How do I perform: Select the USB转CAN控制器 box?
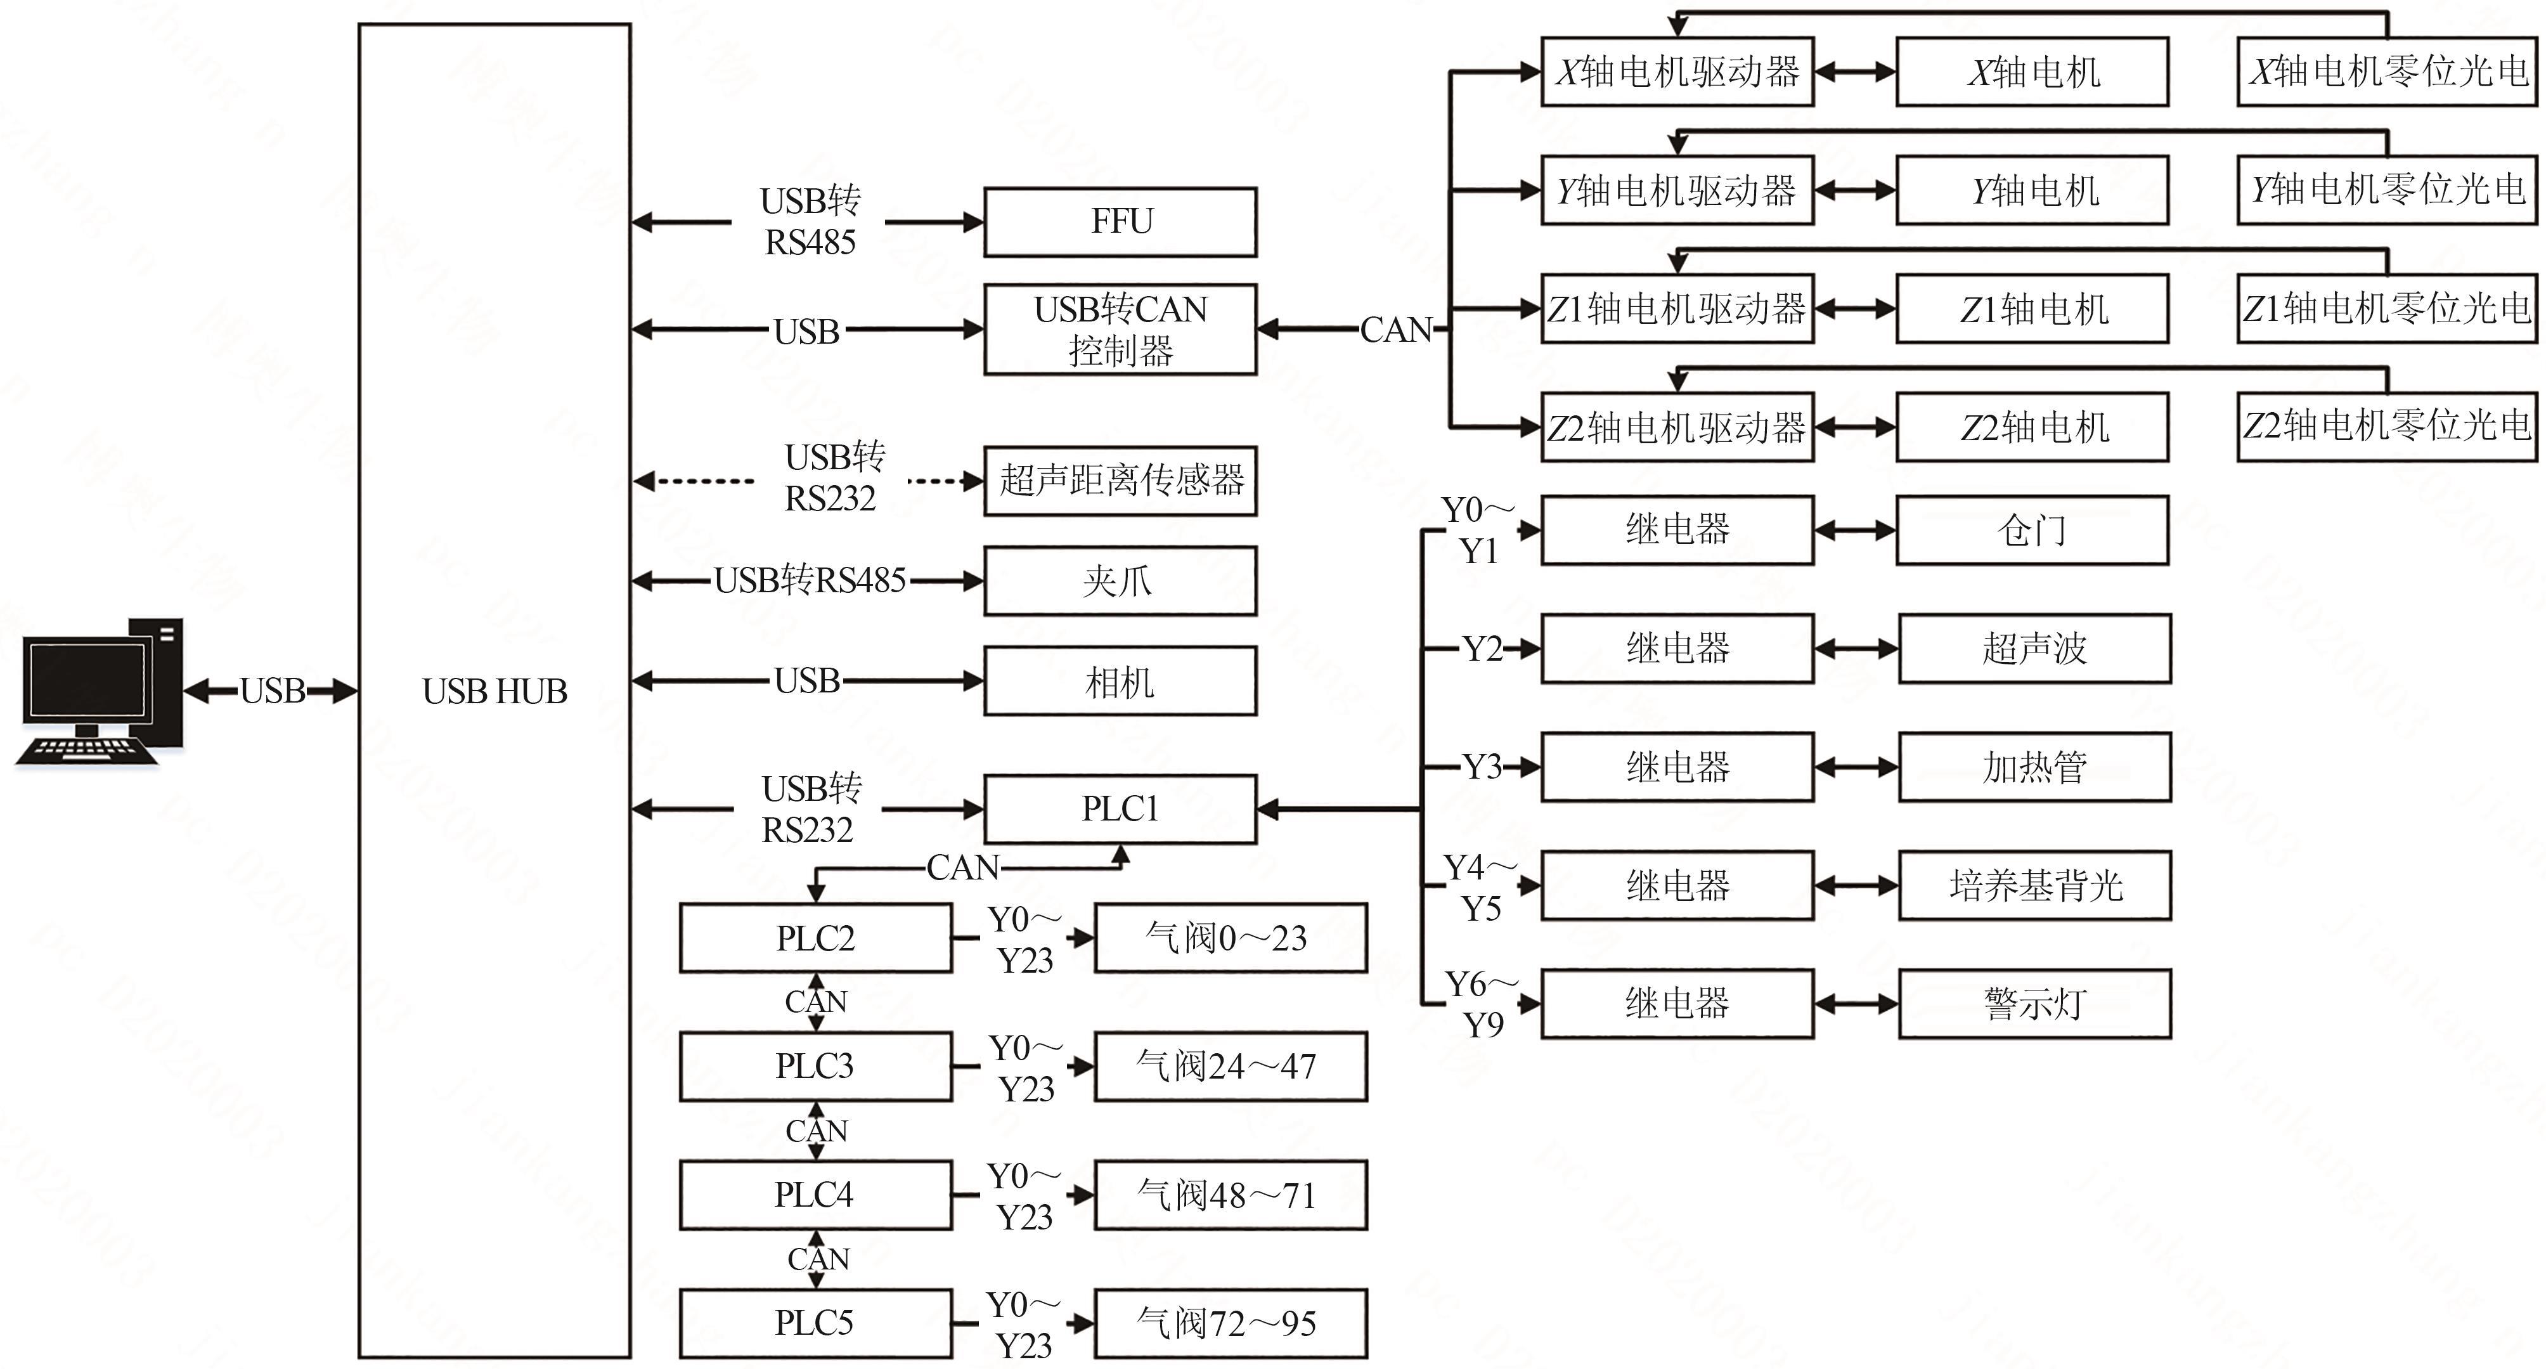pyautogui.click(x=1120, y=329)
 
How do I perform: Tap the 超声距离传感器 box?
pyautogui.click(x=1120, y=481)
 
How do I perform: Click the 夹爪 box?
pyautogui.click(x=1120, y=581)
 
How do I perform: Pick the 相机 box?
pyautogui.click(x=1120, y=681)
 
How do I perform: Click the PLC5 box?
pyautogui.click(x=815, y=1323)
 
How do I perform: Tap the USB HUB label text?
pyautogui.click(x=494, y=691)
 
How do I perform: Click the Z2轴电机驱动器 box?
pyautogui.click(x=1677, y=427)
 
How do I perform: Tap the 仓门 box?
pyautogui.click(x=2032, y=531)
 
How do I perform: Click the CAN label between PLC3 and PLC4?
pyautogui.click(x=817, y=1131)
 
